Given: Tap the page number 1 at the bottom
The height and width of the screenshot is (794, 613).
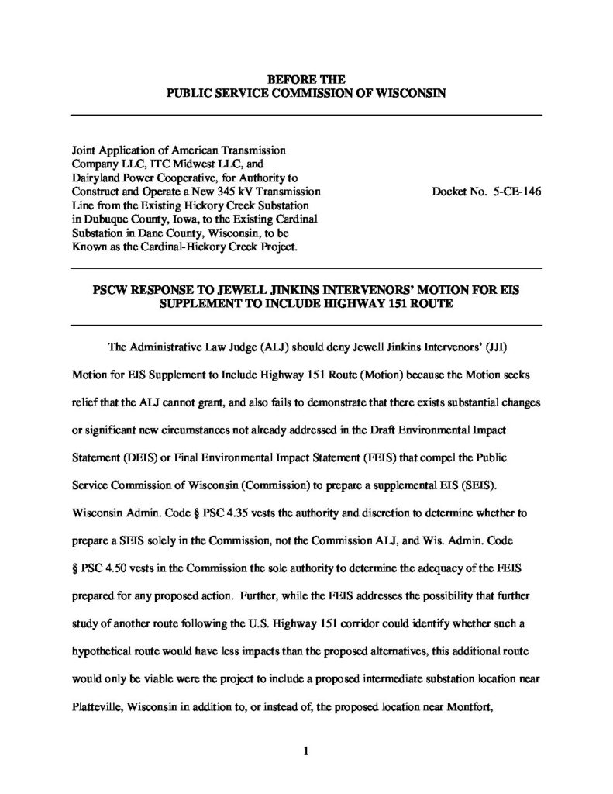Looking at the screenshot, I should pyautogui.click(x=306, y=750).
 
